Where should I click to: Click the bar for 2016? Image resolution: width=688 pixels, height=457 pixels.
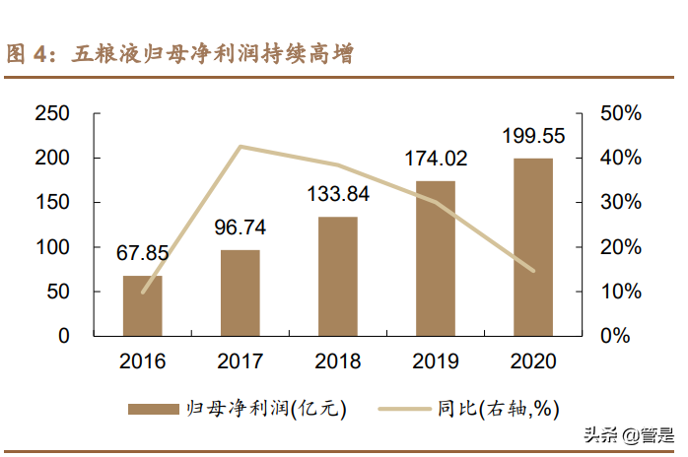tap(143, 305)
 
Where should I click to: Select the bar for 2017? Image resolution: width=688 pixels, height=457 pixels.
tap(241, 293)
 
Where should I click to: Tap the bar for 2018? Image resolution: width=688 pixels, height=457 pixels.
tap(337, 276)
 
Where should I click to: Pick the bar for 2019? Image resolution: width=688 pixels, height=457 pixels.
tap(435, 258)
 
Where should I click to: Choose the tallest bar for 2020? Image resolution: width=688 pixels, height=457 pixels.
tap(532, 246)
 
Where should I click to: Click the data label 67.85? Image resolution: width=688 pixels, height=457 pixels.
tap(143, 254)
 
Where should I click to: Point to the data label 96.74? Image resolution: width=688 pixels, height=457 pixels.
tap(241, 228)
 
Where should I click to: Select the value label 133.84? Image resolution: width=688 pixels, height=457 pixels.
tap(337, 194)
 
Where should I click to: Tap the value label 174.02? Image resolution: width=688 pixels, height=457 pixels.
tap(435, 158)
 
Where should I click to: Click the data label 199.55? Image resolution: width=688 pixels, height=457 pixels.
tap(532, 135)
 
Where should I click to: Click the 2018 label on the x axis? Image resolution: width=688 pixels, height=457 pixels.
tap(337, 360)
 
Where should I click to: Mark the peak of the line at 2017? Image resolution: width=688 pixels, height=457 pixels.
tap(241, 147)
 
